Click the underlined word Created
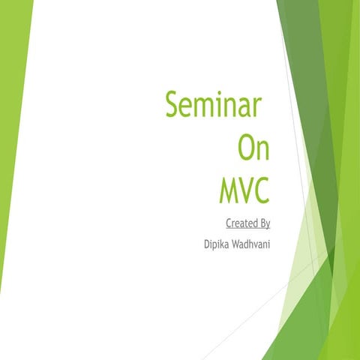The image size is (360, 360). pos(239,223)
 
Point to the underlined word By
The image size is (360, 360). pos(263,223)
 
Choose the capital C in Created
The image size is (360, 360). pos(228,223)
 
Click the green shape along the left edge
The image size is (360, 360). pos(11,150)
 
